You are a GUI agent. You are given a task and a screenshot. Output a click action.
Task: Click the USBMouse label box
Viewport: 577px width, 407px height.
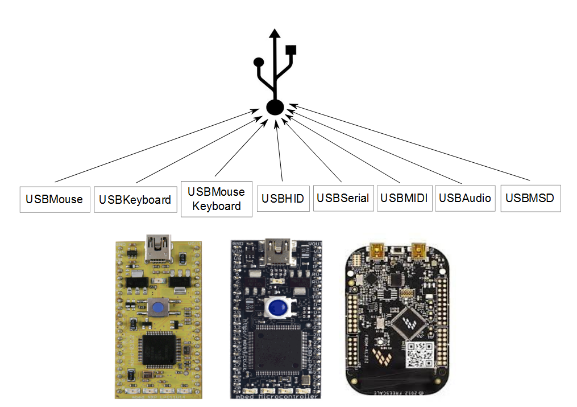55,199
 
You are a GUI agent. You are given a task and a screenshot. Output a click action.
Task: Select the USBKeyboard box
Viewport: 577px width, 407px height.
135,199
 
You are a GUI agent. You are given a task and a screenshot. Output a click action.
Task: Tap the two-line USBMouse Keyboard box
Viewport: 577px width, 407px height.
216,199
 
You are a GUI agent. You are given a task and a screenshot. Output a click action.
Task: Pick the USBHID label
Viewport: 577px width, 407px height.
283,199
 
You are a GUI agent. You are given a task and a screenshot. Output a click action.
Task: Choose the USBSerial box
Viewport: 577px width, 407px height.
343,198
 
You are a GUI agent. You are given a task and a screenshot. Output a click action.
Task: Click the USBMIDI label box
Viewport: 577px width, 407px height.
403,198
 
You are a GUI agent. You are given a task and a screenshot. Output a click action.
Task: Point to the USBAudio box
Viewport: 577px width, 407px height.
464,198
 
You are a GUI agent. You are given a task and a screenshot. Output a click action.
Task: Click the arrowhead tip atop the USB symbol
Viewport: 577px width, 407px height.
275,32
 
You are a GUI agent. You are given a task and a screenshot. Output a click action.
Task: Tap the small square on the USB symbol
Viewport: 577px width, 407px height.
292,50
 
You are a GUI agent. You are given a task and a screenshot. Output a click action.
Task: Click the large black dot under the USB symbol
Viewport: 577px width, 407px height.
275,107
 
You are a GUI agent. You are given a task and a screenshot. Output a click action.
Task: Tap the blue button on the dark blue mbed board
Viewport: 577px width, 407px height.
277,308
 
